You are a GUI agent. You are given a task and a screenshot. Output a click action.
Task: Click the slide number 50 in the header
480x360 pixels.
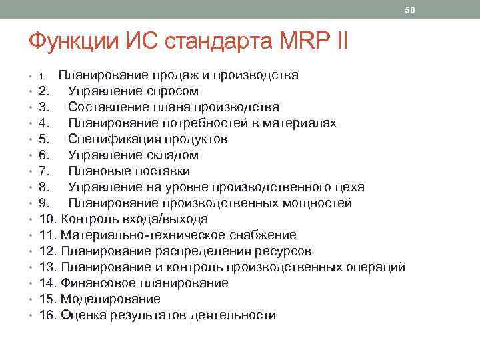[410, 10]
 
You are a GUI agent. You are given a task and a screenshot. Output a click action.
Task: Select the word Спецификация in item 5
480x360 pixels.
[115, 139]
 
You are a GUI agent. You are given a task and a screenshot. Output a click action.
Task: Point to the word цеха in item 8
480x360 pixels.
[349, 187]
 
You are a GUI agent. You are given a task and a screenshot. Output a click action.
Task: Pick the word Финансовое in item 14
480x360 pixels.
[97, 283]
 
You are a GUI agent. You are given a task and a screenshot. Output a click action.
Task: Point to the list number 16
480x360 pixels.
[47, 315]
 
